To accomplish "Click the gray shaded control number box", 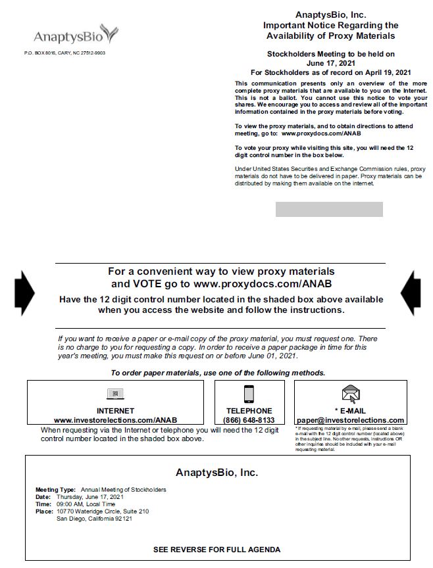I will [328, 210].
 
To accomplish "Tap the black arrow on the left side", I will [25, 293].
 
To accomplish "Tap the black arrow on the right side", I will [410, 293].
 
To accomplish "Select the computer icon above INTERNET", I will [115, 394].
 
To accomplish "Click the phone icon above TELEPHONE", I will [249, 394].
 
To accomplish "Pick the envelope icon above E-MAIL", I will [350, 394].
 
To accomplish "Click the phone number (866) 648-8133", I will [249, 420].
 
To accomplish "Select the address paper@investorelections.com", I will [350, 420].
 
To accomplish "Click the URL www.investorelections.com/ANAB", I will [115, 420].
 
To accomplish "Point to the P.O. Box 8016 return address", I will [64, 53].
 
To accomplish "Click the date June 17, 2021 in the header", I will [330, 62].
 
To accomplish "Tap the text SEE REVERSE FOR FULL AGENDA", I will [216, 550].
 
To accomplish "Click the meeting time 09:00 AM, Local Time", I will [87, 504].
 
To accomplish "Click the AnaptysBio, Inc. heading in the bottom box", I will [216, 473].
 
